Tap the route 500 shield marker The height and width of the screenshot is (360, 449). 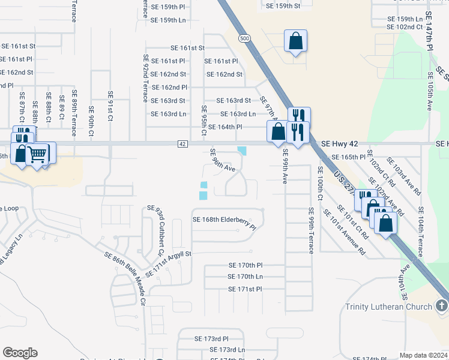tap(244, 38)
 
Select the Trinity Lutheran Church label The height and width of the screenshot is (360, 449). tap(388, 307)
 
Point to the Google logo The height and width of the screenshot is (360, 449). tap(20, 353)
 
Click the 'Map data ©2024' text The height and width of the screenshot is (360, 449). tap(423, 355)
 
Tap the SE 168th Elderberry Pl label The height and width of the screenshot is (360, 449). tap(224, 220)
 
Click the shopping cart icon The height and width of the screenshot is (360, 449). tap(38, 154)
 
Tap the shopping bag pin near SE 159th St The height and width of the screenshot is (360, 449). tap(295, 41)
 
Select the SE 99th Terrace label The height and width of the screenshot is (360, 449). tap(310, 230)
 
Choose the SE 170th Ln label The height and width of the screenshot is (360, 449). tap(245, 277)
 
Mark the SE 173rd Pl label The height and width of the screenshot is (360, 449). tap(211, 339)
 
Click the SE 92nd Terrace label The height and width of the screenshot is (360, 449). tap(145, 79)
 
